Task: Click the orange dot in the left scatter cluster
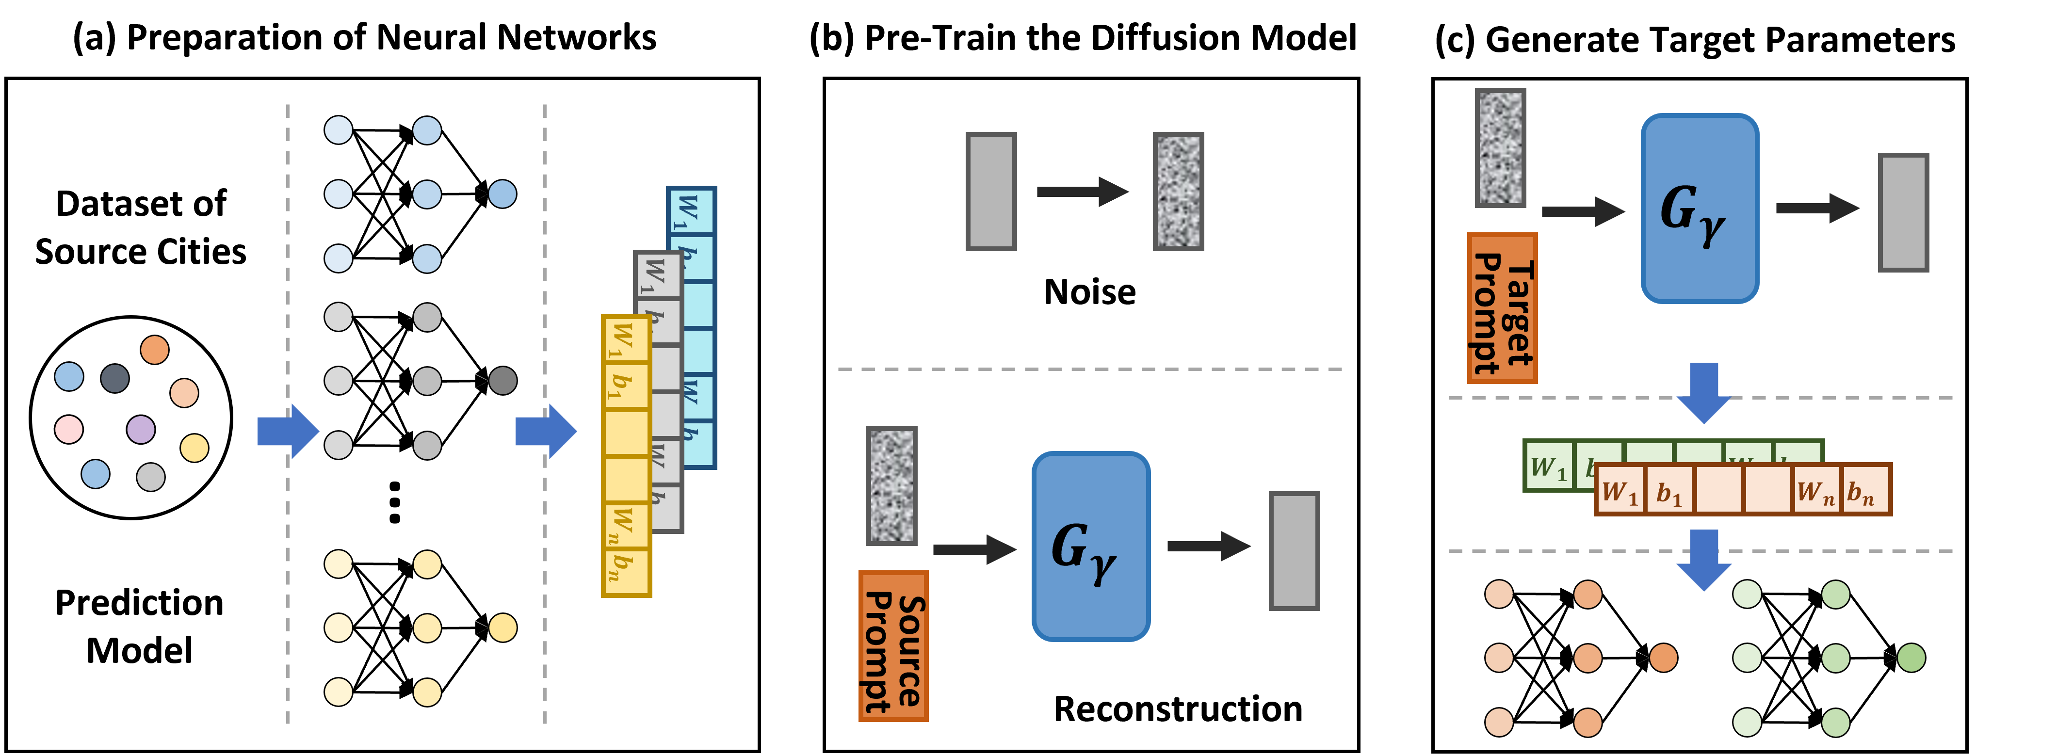154,350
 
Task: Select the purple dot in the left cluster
141,430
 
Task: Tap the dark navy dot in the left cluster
115,378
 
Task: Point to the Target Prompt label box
1501,308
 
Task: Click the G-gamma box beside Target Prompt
1699,209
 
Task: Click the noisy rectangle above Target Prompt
1500,148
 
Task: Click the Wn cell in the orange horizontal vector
1816,490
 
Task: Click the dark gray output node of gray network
502,381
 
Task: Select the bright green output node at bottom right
1911,658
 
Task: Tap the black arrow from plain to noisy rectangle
1082,192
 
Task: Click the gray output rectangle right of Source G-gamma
1294,551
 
